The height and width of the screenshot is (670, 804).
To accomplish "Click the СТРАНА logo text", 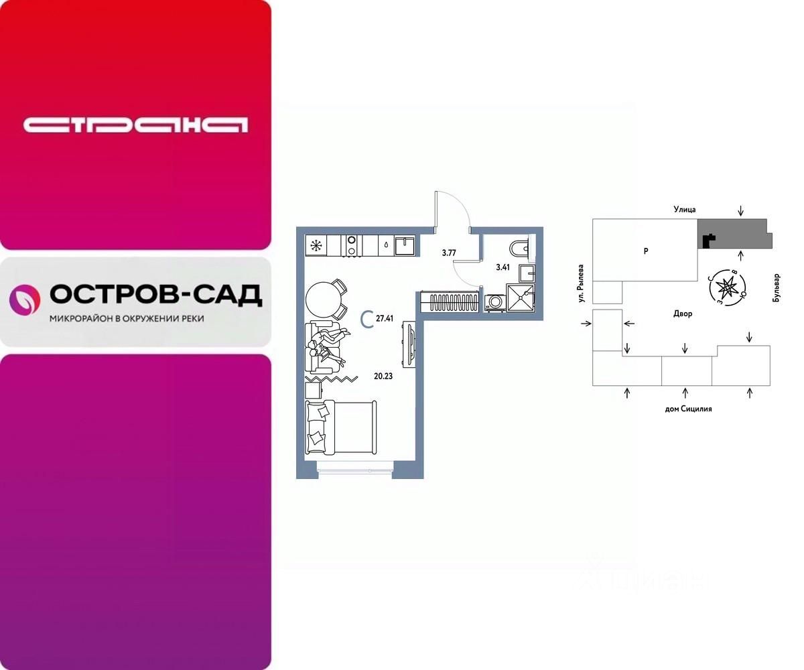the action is tap(135, 125).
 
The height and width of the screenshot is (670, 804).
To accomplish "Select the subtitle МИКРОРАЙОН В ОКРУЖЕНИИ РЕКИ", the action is tap(127, 319).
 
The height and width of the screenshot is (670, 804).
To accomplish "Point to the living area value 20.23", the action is tap(384, 376).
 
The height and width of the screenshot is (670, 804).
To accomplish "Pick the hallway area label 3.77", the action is tap(448, 253).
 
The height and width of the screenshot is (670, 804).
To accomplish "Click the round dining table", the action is tap(323, 298).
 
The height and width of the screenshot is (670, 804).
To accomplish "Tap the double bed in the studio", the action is tap(340, 429).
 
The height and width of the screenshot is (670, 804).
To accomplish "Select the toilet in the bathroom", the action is tap(520, 249).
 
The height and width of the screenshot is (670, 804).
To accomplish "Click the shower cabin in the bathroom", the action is tap(521, 297).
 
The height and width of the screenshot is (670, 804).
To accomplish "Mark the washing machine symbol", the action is tap(494, 303).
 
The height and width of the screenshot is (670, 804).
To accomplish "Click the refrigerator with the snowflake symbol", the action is tap(315, 245).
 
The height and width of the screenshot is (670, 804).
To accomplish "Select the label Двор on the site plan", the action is tap(683, 314).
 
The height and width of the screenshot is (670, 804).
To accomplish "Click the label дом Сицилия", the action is tap(688, 408).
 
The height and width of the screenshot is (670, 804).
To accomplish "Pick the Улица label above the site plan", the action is tap(685, 210).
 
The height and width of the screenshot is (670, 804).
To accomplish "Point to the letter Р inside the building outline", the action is tap(645, 251).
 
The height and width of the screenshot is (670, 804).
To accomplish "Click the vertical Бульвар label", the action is tap(777, 288).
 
